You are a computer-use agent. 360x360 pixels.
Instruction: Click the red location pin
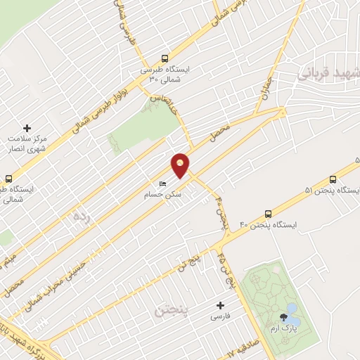[x=181, y=164]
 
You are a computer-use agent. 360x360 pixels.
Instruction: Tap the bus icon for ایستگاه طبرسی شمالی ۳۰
[x=165, y=59]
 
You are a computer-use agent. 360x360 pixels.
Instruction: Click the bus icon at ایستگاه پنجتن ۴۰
[x=268, y=214]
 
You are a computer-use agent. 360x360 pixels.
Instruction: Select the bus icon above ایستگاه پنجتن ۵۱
[x=333, y=179]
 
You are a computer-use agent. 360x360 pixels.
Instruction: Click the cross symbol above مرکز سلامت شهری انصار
[x=27, y=128]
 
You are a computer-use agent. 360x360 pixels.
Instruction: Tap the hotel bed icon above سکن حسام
[x=163, y=184]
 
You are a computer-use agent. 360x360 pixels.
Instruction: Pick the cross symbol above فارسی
[x=221, y=305]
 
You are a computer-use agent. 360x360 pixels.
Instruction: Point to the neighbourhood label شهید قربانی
[x=330, y=73]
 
